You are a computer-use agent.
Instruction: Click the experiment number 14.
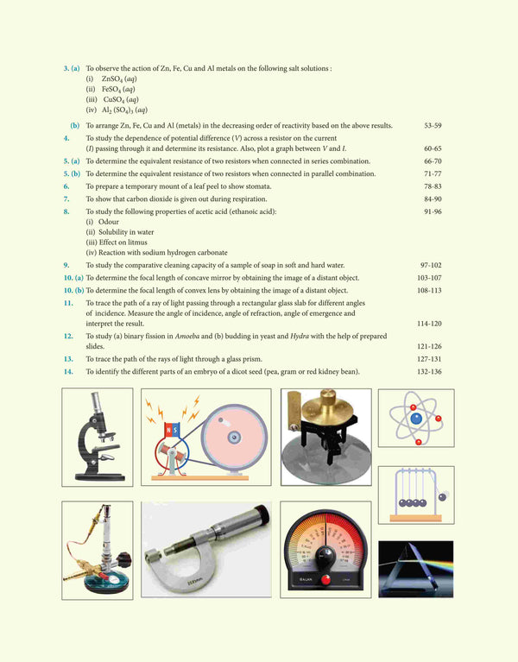(x=67, y=371)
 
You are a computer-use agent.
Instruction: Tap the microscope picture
(x=98, y=436)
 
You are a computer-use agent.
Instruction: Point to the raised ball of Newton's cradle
(x=444, y=496)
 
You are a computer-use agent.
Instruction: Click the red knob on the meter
(x=325, y=580)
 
